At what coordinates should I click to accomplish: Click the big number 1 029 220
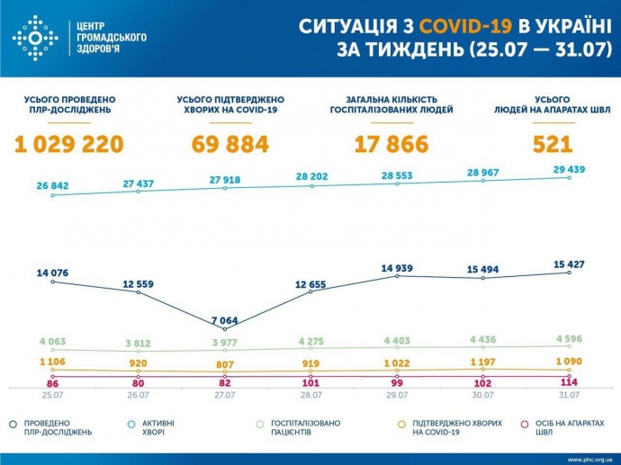68,144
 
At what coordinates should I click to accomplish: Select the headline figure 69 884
230,144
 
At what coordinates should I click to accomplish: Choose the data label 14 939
397,267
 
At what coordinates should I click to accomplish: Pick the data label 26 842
53,185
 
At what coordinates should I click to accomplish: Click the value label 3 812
138,343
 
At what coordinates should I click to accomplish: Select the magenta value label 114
569,382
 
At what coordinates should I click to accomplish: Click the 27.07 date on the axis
223,396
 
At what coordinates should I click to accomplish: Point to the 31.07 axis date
569,396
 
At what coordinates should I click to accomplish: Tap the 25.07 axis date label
51,396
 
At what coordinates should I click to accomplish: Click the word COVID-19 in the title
439,27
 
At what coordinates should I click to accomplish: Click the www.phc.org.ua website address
589,459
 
